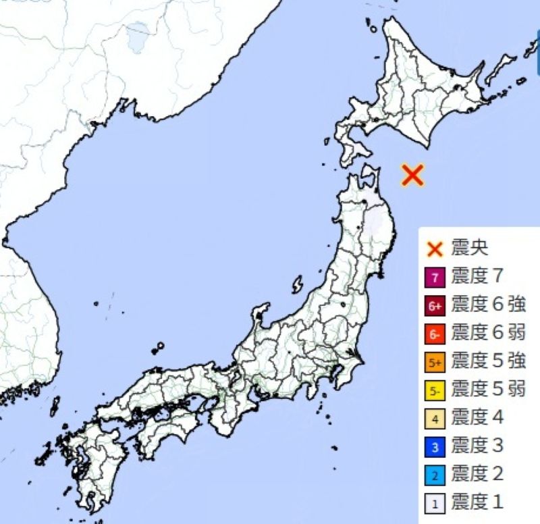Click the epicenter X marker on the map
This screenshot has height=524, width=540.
tap(412, 174)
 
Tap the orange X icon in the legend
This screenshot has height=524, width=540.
tap(435, 248)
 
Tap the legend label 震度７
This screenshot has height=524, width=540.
tap(477, 277)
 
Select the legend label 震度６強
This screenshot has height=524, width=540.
tap(487, 305)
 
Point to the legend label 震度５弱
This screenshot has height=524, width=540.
tap(487, 390)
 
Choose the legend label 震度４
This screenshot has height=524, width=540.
tap(477, 419)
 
